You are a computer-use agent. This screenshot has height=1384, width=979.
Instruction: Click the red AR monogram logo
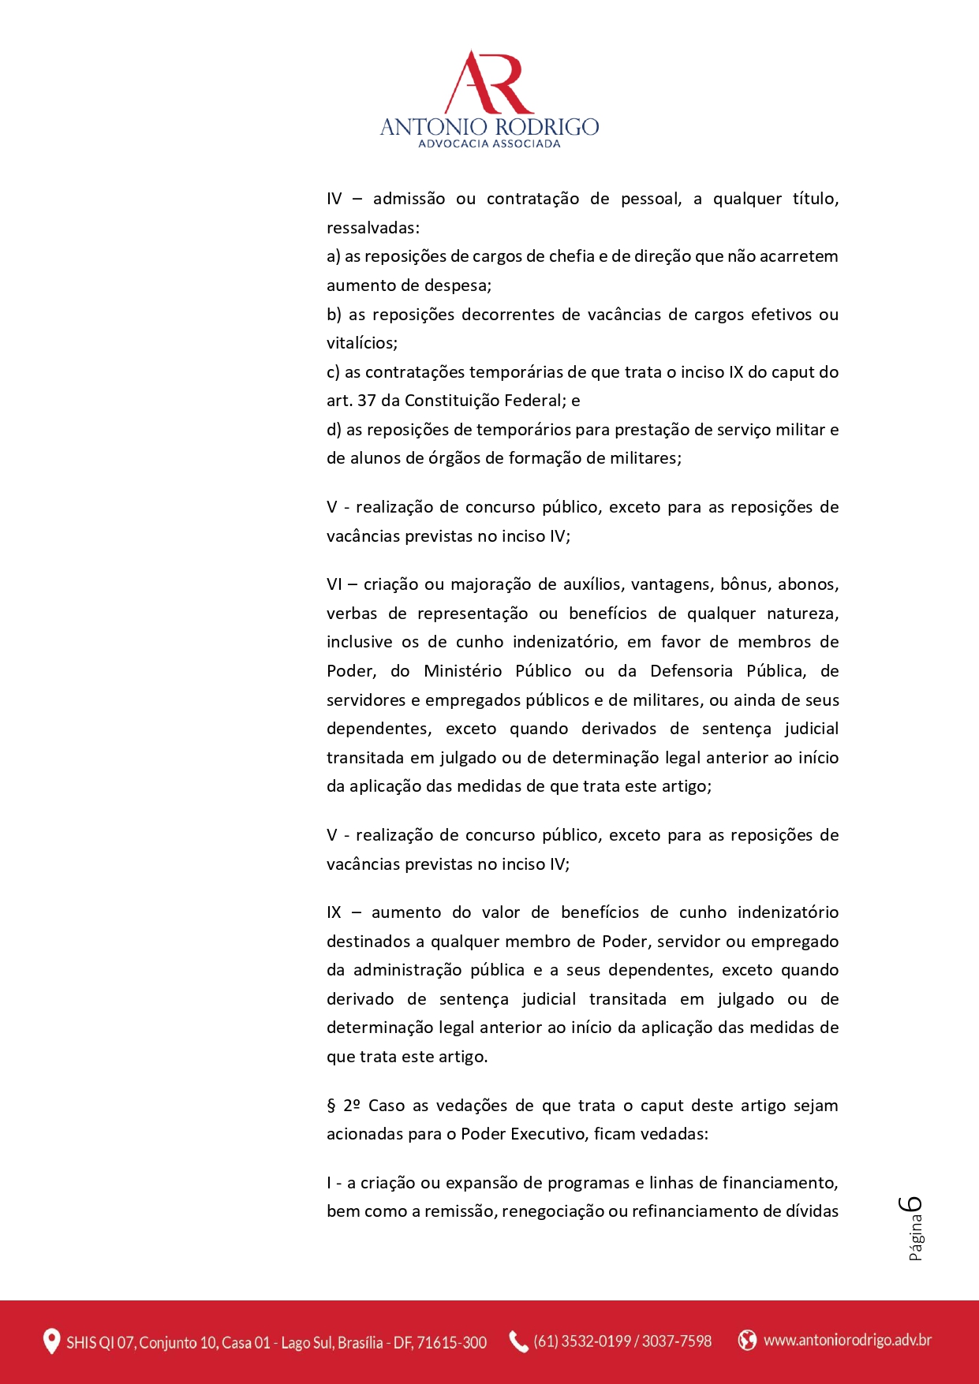click(x=489, y=83)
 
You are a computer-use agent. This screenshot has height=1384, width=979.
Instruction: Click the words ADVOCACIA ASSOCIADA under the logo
click(x=489, y=144)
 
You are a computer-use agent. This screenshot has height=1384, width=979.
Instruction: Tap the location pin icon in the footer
click(x=51, y=1341)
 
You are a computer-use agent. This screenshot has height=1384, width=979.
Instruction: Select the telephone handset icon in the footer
click(x=518, y=1341)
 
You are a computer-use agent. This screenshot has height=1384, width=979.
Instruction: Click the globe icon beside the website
click(x=747, y=1340)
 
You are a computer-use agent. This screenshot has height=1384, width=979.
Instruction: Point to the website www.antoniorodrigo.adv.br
click(x=847, y=1340)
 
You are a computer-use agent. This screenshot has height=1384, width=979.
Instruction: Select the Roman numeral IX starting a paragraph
click(x=334, y=912)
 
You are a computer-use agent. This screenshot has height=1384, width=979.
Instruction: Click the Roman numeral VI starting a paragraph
click(x=334, y=584)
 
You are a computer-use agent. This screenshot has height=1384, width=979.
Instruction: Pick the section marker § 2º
click(x=344, y=1106)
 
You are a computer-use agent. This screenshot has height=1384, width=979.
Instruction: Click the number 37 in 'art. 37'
click(x=367, y=401)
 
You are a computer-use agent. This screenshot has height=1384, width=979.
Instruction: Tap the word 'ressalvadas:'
click(x=373, y=228)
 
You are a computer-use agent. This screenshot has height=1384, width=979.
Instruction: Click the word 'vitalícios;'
click(x=362, y=343)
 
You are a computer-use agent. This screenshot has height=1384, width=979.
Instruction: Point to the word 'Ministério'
click(x=462, y=671)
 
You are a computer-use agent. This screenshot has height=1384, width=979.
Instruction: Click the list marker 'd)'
click(x=334, y=430)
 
